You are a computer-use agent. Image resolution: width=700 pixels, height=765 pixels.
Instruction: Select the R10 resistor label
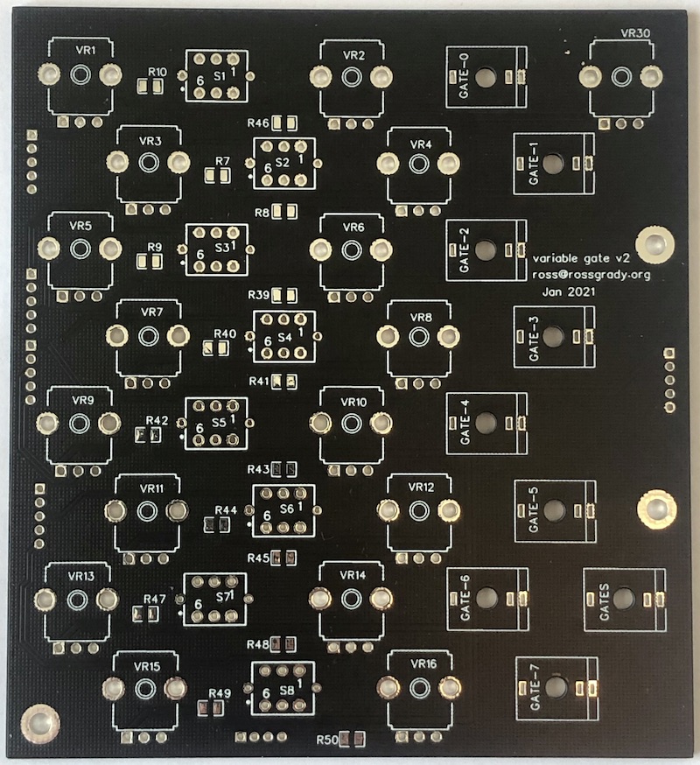click(157, 72)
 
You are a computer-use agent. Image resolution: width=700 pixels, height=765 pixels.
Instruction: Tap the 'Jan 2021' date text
click(569, 292)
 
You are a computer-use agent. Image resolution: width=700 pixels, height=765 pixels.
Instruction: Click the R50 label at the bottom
click(327, 741)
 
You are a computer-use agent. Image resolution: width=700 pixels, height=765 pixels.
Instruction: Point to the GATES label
click(604, 602)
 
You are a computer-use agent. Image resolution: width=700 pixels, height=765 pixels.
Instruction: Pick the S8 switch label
click(287, 690)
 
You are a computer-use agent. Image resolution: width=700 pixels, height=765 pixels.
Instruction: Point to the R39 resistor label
click(259, 294)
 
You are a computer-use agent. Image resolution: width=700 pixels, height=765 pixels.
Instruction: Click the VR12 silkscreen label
click(421, 488)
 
